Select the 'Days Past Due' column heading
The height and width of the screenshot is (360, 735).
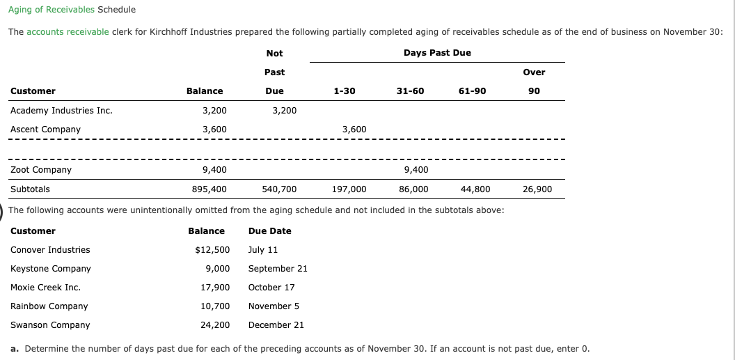[x=437, y=53]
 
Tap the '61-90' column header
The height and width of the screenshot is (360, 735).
[x=473, y=91]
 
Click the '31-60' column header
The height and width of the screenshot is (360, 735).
[x=410, y=91]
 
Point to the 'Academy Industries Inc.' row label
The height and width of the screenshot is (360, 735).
[x=61, y=110]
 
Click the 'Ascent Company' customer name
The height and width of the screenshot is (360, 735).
[x=45, y=129]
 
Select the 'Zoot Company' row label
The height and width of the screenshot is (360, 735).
[x=41, y=170]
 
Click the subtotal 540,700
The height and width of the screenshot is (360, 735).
[x=279, y=189]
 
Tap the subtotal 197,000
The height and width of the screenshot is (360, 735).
[x=349, y=189]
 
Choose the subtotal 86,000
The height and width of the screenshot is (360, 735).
[x=413, y=189]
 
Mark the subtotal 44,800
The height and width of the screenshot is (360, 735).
[x=475, y=189]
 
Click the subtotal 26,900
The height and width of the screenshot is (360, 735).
[x=537, y=189]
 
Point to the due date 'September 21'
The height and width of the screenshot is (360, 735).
[x=278, y=269]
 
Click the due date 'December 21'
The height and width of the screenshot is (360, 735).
[x=276, y=325]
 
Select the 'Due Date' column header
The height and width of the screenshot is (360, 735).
[x=269, y=231]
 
